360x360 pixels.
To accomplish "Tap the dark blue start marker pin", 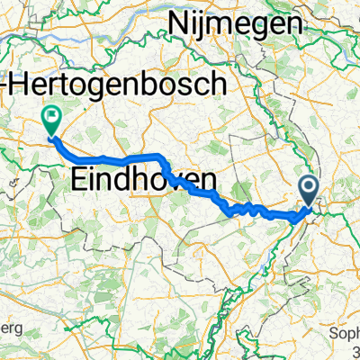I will coord(309,192).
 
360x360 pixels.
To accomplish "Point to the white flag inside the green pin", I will coord(51,115).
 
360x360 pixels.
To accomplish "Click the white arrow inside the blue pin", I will coord(309,187).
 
